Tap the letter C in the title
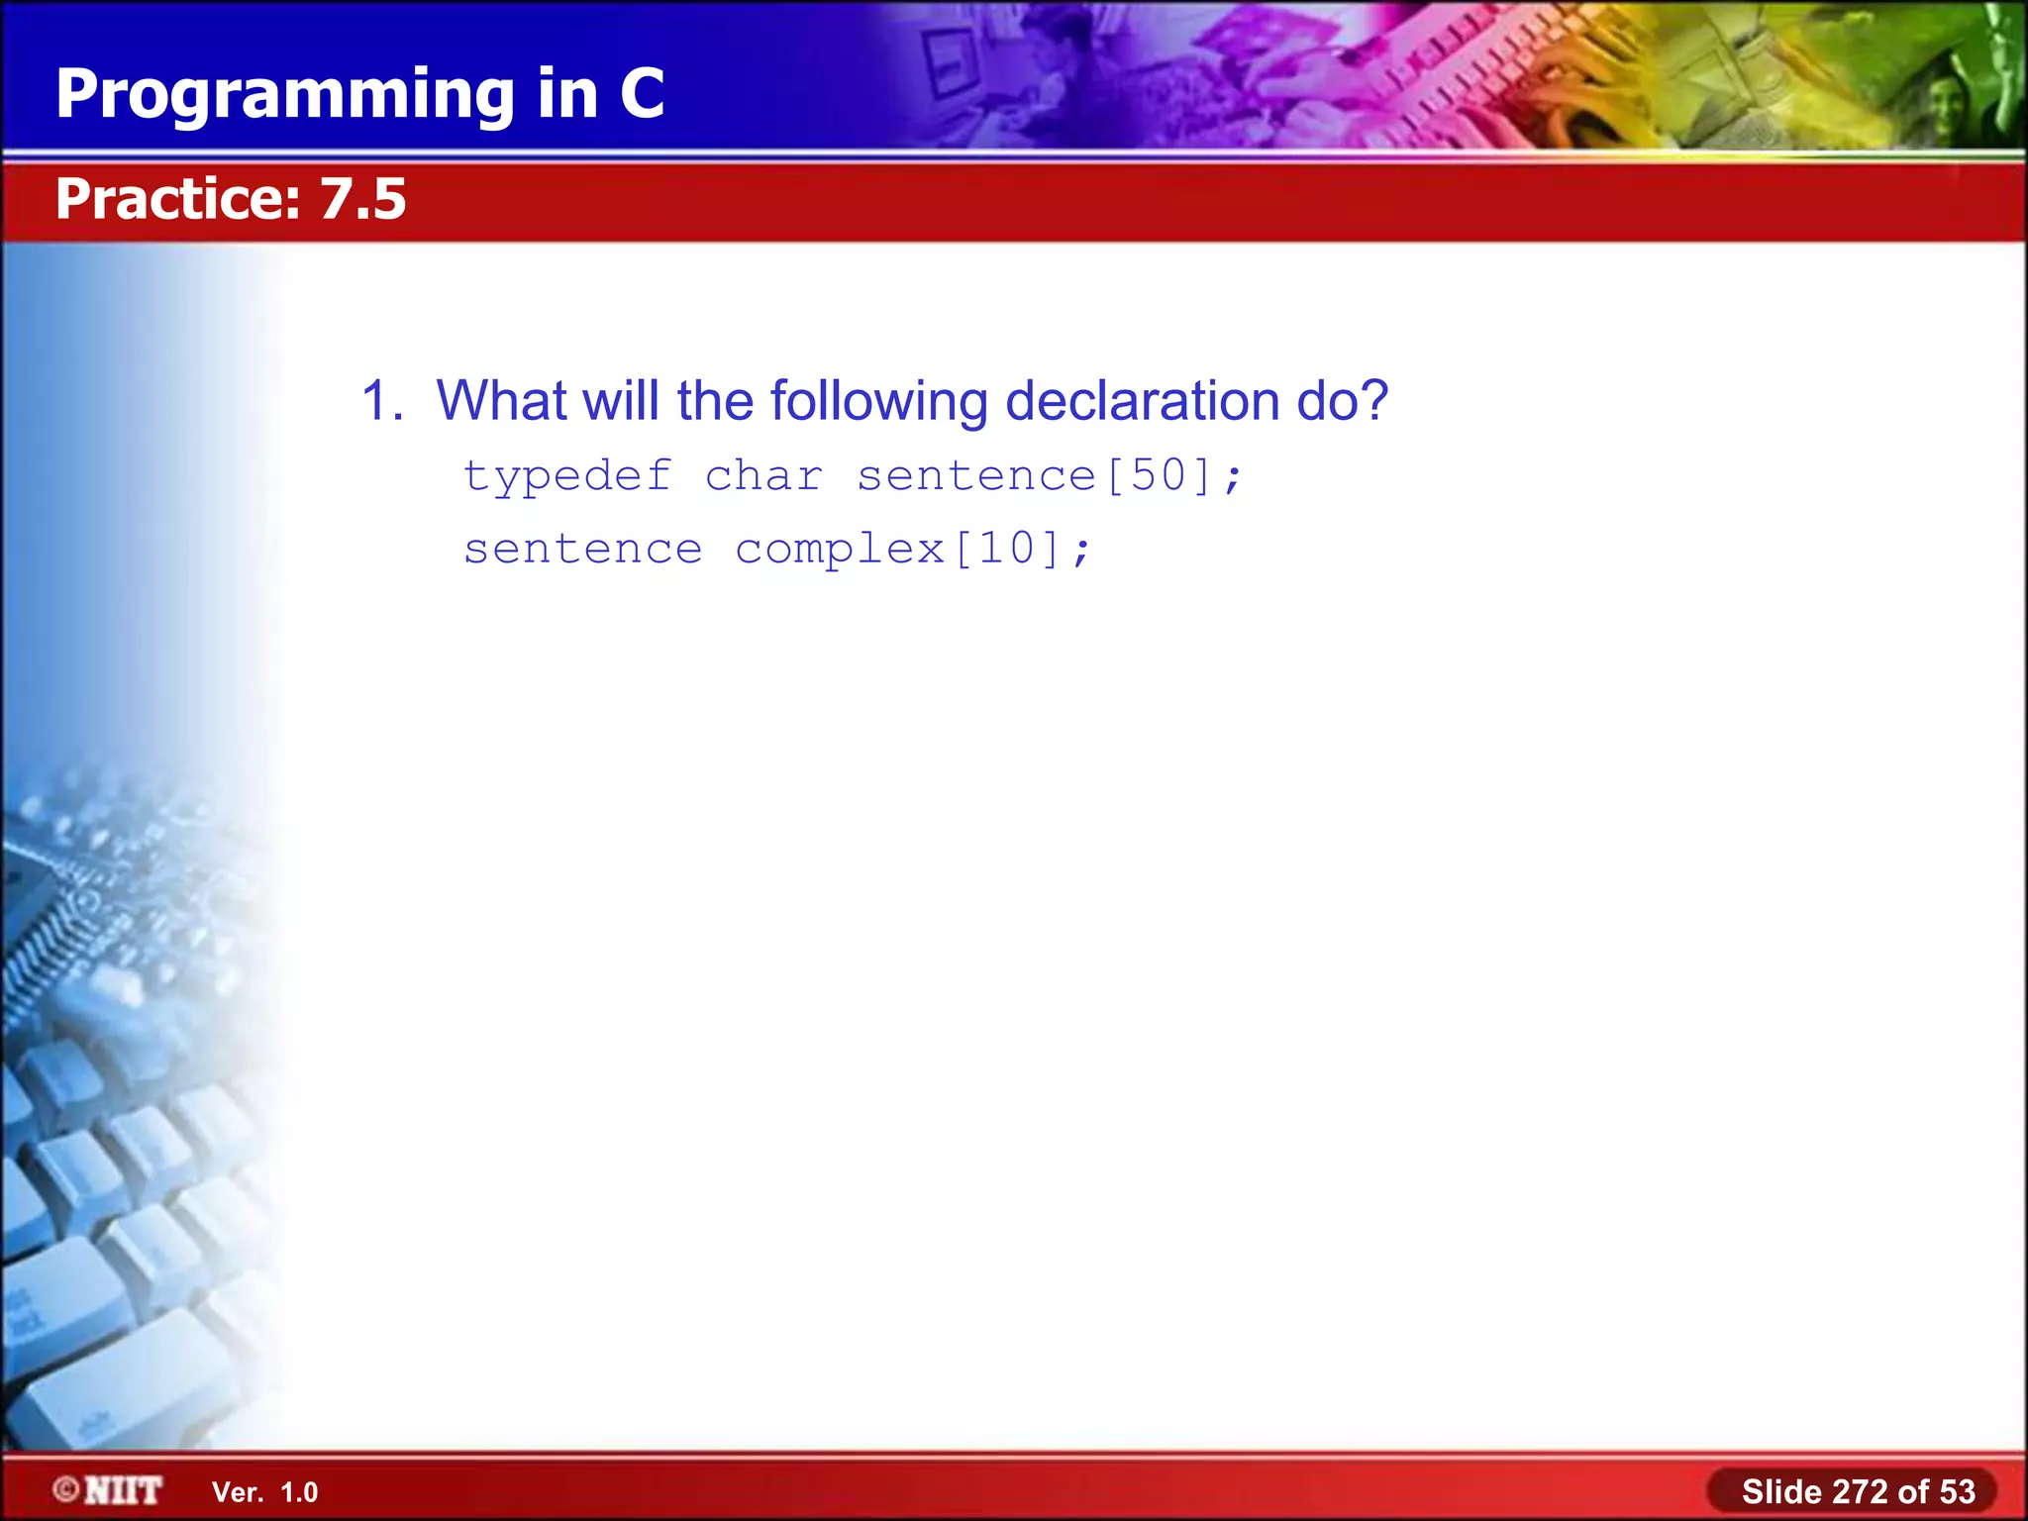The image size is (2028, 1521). point(642,94)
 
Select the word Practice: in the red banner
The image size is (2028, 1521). point(178,199)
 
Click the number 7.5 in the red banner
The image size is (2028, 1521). point(362,199)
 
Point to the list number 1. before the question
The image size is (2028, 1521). point(382,401)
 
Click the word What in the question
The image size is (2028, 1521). point(501,401)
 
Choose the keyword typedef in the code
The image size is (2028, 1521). point(567,477)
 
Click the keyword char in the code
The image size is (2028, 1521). point(763,476)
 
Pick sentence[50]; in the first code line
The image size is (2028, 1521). point(1049,476)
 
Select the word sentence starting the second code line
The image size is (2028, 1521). point(582,550)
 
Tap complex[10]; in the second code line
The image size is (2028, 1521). point(913,550)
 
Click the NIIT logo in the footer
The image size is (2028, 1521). point(123,1490)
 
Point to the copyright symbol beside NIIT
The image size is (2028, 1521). point(66,1489)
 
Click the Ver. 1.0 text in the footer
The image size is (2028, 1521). point(265,1492)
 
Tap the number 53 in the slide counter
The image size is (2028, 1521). point(1957,1491)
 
